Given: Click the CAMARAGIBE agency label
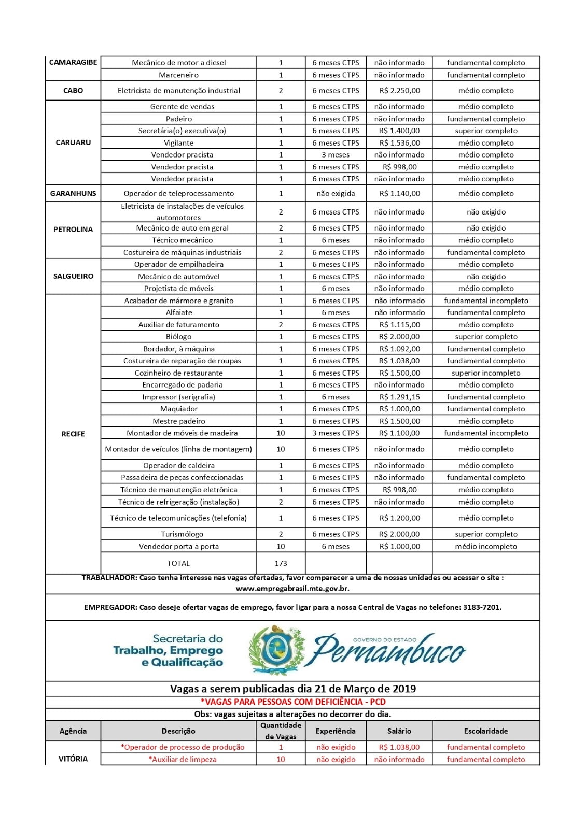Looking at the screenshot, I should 73,62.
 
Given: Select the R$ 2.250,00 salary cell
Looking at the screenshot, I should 399,90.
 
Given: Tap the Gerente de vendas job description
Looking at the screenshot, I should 182,106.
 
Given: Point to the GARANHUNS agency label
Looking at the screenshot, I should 73,193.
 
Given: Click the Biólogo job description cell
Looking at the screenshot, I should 179,337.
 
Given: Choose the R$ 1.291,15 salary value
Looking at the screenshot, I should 399,397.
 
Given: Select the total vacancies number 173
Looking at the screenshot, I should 281,563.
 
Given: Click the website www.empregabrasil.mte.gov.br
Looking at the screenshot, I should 292,588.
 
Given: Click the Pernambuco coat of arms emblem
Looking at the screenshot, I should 275,650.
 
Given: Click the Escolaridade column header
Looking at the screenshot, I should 486,731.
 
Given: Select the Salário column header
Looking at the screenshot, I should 399,731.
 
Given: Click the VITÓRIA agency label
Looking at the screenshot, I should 73,759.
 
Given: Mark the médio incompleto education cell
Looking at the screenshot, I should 486,546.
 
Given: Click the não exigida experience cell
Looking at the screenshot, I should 336,193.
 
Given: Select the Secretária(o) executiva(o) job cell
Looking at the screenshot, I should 182,131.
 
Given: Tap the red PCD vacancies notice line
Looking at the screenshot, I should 293,702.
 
